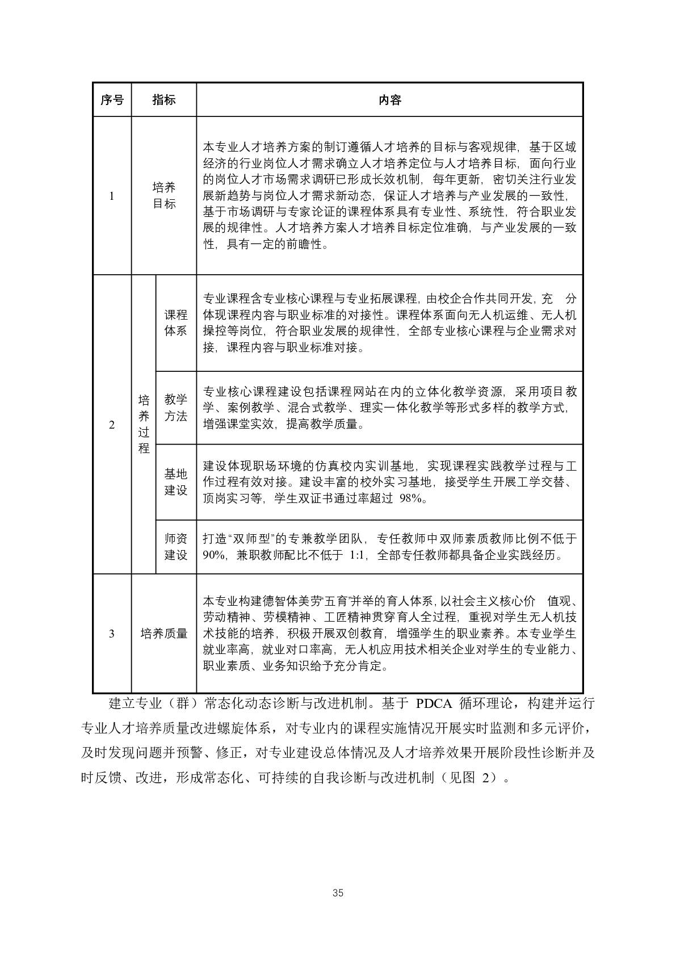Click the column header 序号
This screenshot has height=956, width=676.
[x=112, y=100]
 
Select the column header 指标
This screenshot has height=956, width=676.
[x=163, y=100]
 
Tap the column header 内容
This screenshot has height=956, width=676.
[x=389, y=100]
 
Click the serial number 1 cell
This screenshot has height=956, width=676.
[x=112, y=196]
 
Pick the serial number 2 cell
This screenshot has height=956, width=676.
[x=112, y=425]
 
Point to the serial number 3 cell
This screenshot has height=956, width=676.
[x=112, y=634]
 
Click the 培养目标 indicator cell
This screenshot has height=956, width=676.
[x=163, y=196]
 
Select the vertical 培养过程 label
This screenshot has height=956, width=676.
[x=144, y=425]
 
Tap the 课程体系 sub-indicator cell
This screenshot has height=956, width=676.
[x=175, y=323]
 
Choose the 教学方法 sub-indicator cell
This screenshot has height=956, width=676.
[x=175, y=408]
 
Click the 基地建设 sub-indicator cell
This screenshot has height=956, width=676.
[x=175, y=482]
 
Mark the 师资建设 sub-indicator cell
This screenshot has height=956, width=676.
[x=175, y=547]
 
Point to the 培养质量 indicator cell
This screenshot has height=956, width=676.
[x=163, y=634]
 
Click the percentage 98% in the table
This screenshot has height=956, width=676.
[x=414, y=498]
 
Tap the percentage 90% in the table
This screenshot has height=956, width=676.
[x=214, y=555]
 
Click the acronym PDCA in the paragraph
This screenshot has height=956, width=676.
[x=434, y=705]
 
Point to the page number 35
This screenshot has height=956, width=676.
[x=338, y=893]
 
